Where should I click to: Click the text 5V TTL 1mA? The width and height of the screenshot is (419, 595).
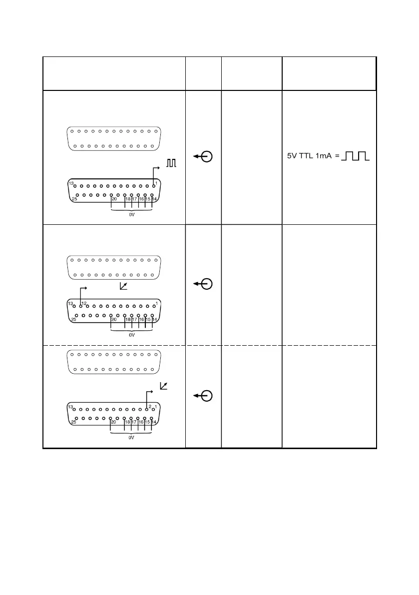point(309,156)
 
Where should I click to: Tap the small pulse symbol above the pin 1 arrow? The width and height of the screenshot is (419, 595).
point(172,163)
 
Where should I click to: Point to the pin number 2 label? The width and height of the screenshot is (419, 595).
point(149,406)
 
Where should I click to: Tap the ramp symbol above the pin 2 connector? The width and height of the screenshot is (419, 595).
point(163,386)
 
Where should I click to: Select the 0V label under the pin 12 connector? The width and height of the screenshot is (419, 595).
point(132,335)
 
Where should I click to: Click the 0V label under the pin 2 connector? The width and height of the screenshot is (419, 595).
point(132,437)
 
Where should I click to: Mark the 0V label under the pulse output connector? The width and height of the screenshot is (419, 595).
point(132,217)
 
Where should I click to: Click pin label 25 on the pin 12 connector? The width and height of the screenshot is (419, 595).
point(73,319)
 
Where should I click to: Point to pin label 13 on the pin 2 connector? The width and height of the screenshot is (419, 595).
point(71,407)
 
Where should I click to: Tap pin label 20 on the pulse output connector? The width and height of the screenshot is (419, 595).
point(114,199)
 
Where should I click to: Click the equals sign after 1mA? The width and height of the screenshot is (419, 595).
point(337,156)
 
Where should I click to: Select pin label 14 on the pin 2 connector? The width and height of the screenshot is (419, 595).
point(154,422)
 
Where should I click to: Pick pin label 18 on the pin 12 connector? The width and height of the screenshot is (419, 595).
point(128,319)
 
